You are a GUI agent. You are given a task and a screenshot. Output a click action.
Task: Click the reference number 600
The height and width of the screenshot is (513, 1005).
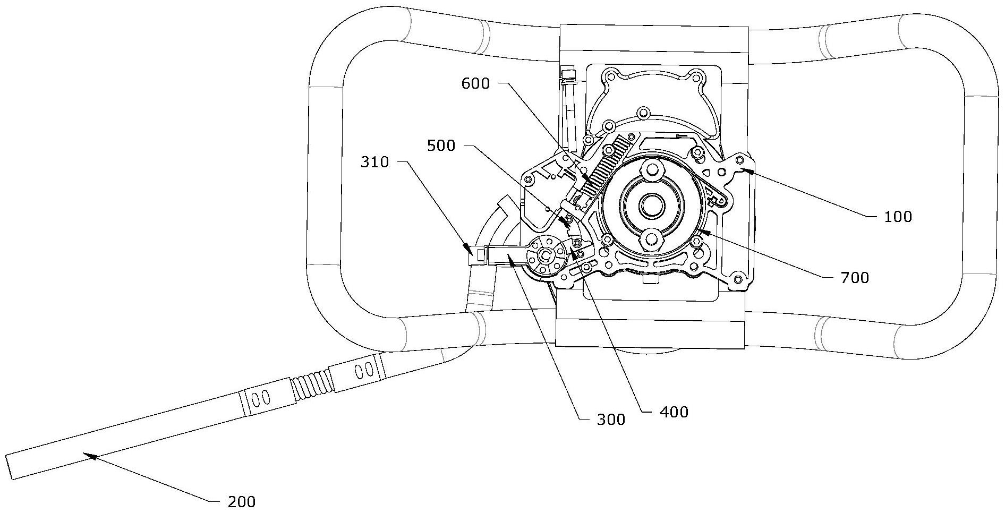coord(475,83)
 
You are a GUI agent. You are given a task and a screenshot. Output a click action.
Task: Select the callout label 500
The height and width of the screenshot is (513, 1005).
coord(441,146)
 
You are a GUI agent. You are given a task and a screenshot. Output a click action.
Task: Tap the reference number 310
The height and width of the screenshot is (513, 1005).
coord(375,162)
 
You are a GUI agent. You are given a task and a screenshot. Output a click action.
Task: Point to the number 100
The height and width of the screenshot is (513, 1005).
coord(898,217)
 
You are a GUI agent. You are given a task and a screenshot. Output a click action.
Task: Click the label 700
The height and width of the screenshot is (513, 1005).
coord(855,277)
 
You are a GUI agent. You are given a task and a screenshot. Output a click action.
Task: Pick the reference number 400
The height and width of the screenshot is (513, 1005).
coord(674,412)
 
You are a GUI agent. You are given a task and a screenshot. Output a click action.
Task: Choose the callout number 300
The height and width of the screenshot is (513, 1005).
coord(611,420)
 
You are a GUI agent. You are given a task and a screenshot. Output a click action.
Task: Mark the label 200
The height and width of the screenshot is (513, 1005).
coord(241,501)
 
